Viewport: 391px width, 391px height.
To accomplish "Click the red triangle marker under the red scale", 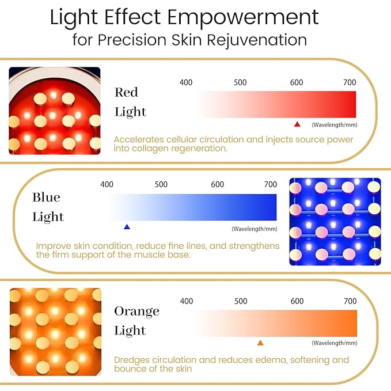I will click(297, 124).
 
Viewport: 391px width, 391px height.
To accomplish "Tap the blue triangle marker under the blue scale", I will click(127, 227).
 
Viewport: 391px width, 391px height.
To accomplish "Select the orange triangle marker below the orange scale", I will click(260, 343).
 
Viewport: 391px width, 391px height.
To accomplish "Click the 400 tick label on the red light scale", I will click(186, 82).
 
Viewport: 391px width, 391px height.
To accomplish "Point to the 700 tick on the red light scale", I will click(350, 82).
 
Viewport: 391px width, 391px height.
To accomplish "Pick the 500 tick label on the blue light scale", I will click(161, 184).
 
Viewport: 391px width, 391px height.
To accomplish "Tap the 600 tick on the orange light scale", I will click(297, 301).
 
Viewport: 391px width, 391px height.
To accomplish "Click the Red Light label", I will click(130, 102).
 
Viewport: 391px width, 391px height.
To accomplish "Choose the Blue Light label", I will click(48, 207).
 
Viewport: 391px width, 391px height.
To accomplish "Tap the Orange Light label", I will click(136, 321).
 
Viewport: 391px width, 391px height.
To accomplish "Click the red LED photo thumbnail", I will click(55, 111).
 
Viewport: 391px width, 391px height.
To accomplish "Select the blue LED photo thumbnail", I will click(335, 221).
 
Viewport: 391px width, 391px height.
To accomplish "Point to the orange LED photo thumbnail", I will click(55, 332).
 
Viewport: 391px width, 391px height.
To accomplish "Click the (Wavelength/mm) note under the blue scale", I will click(254, 229).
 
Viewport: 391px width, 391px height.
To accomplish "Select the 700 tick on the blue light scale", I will click(270, 184).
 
